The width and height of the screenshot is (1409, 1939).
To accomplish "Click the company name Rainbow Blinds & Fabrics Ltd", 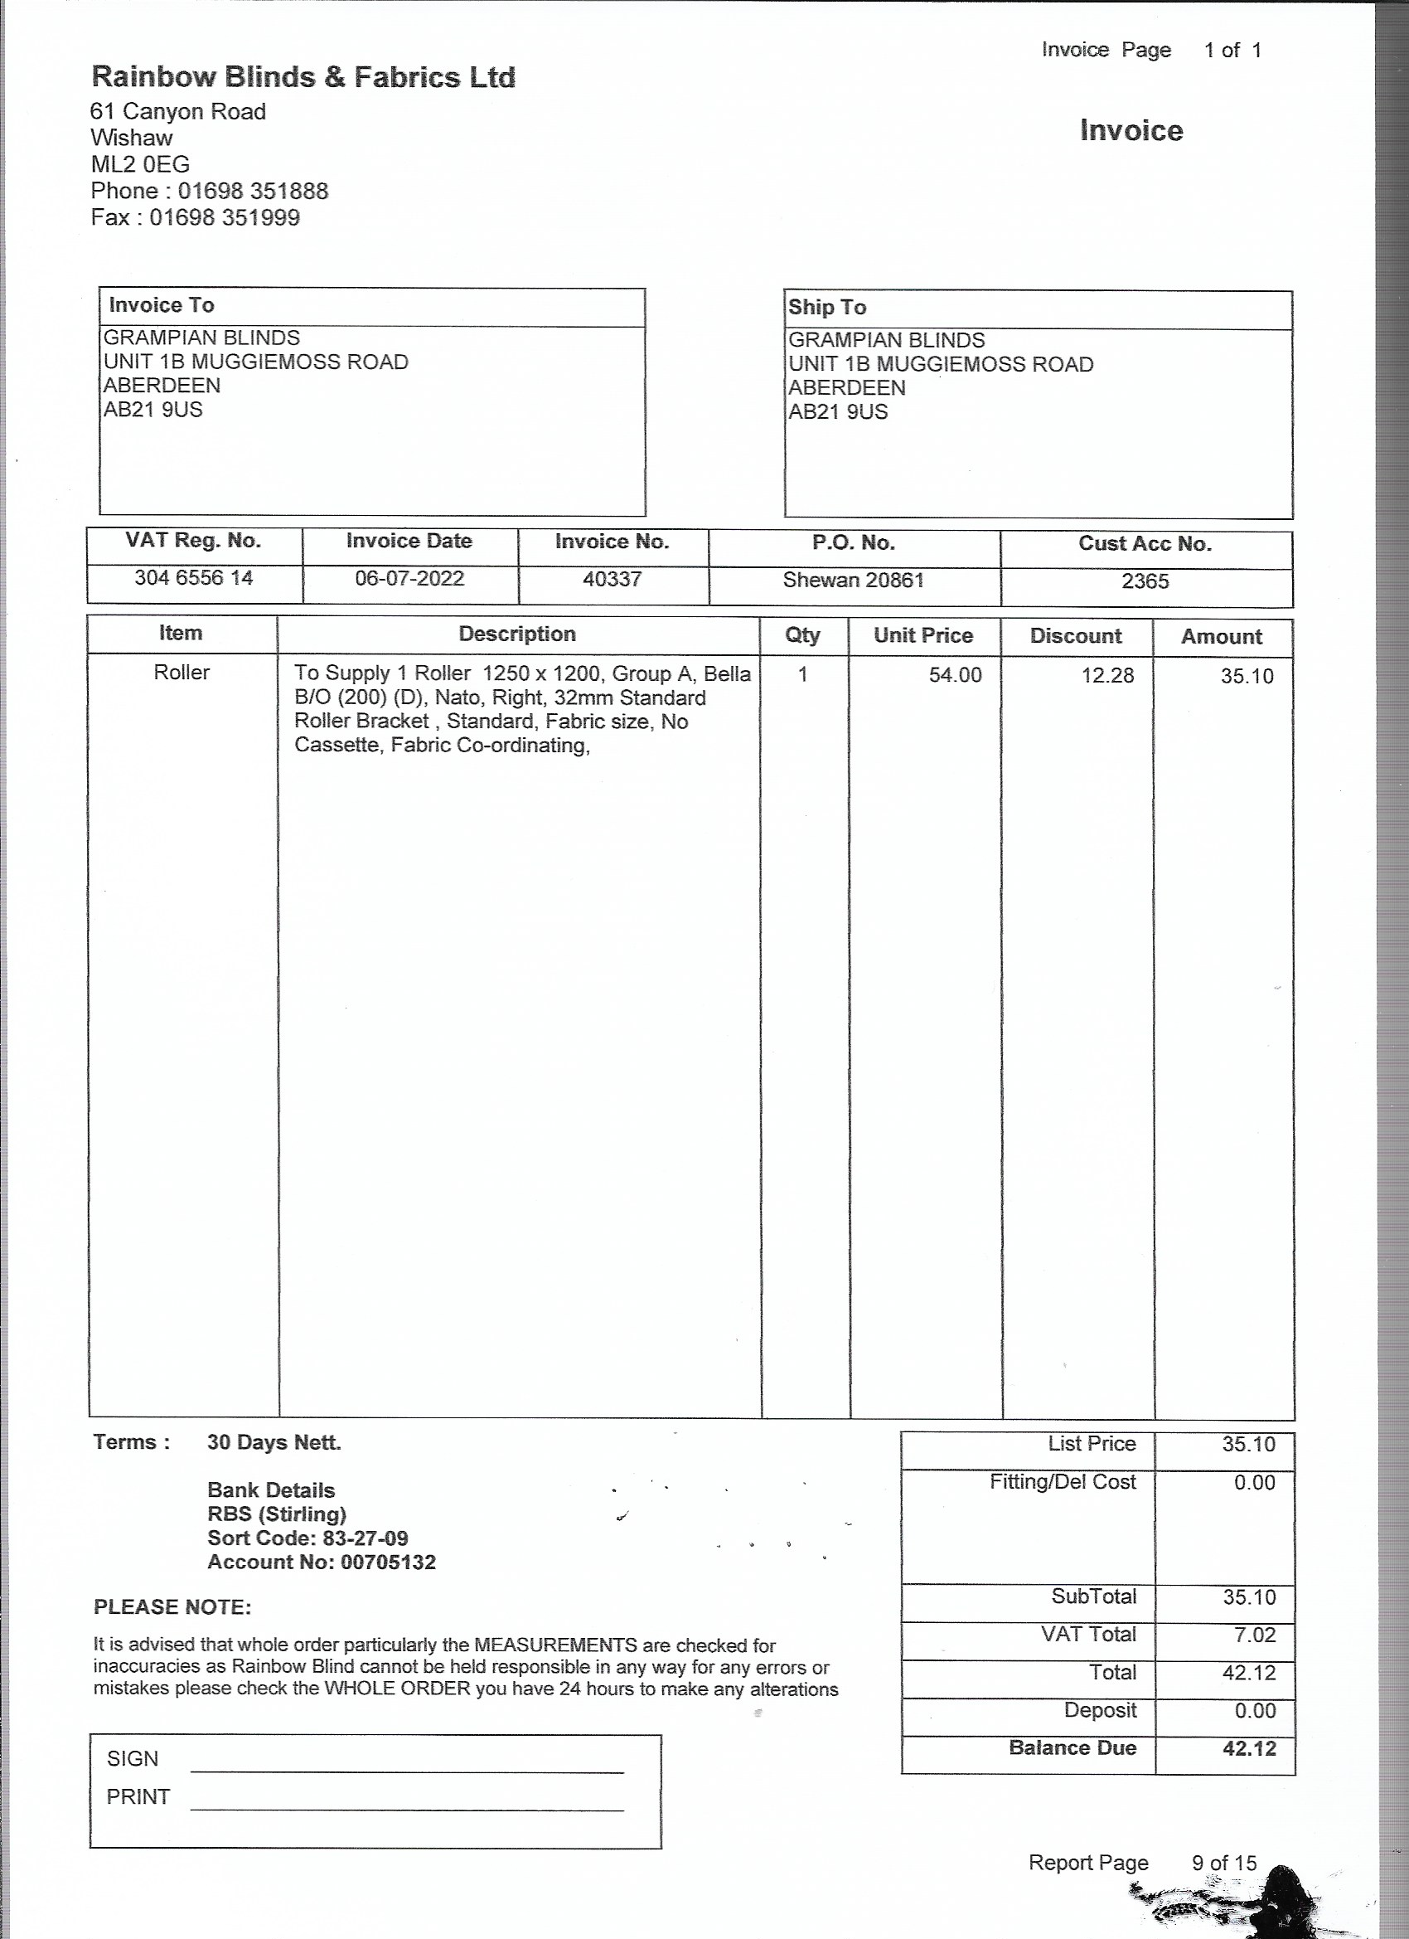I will click(x=303, y=78).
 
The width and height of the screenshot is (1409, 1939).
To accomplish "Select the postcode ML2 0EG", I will click(x=140, y=164).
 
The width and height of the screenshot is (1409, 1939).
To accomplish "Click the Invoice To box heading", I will click(x=162, y=305).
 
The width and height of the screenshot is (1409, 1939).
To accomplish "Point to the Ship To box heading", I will click(x=826, y=308).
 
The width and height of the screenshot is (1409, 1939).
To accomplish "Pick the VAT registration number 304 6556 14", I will click(x=193, y=578).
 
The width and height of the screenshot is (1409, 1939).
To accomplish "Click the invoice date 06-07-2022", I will click(x=409, y=579).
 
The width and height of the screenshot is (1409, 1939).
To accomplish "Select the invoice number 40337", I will click(x=612, y=580).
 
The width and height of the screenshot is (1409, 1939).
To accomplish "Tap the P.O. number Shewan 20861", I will click(x=853, y=581).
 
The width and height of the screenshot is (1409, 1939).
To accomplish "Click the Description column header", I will click(x=517, y=634).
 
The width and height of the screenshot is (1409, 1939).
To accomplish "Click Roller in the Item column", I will click(x=182, y=673).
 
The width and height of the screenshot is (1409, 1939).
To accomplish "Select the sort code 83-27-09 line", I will click(x=307, y=1538).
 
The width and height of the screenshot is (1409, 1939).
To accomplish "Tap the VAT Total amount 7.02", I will click(x=1253, y=1635).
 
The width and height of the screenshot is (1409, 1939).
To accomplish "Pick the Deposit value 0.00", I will click(x=1253, y=1711).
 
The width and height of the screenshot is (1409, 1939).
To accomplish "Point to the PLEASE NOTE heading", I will click(x=172, y=1607).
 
